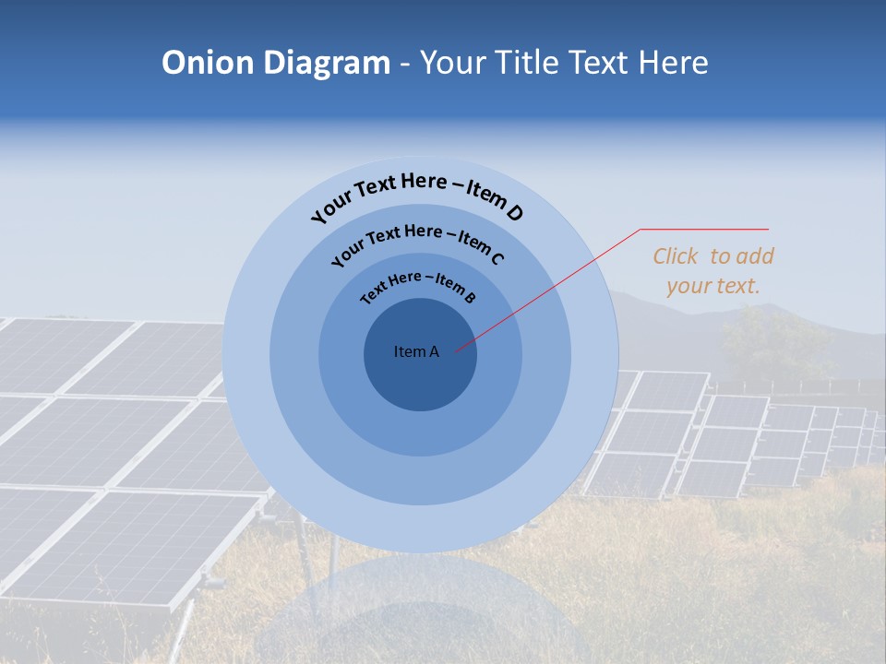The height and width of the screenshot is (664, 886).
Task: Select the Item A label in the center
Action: click(x=416, y=351)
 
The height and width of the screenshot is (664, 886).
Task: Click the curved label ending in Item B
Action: click(x=418, y=285)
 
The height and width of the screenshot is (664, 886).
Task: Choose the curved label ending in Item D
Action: click(x=417, y=194)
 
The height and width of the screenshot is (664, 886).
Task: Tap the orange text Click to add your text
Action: click(x=712, y=271)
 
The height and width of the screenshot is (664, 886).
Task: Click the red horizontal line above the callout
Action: click(x=704, y=230)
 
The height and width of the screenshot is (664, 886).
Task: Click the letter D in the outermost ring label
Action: click(x=514, y=213)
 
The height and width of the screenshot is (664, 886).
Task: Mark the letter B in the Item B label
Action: click(x=470, y=297)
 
